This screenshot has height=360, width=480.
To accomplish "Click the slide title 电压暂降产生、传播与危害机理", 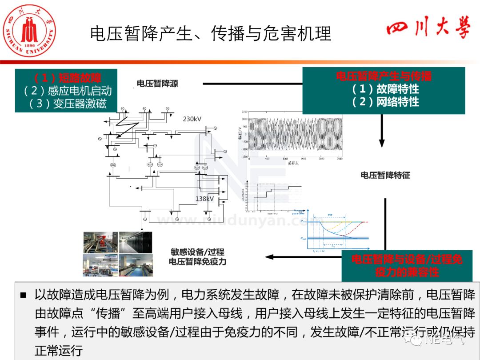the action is (211, 34).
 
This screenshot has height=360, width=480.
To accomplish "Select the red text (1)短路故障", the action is (67, 78).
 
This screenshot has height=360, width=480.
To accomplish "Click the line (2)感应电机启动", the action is (67, 91).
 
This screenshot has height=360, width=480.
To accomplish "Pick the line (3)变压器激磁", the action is (67, 104).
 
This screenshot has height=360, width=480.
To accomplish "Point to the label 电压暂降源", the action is (157, 84).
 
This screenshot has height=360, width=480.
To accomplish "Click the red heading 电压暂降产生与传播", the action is (384, 76).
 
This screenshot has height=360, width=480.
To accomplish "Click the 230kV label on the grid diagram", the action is (192, 119).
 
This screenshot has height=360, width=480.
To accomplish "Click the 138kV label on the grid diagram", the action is (204, 199).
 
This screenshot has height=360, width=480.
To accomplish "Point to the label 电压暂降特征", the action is (385, 175).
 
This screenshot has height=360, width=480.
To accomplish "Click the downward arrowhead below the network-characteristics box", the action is (382, 143).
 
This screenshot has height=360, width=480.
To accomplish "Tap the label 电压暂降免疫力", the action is (197, 262).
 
